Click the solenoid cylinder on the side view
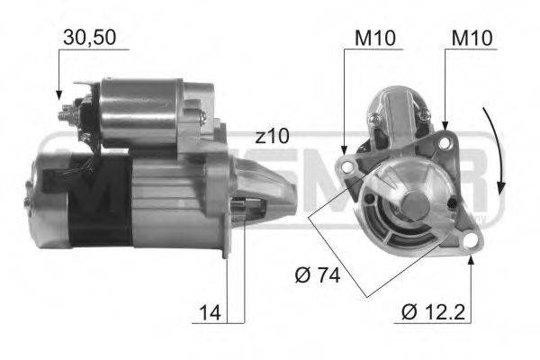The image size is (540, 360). pyautogui.click(x=139, y=112)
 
